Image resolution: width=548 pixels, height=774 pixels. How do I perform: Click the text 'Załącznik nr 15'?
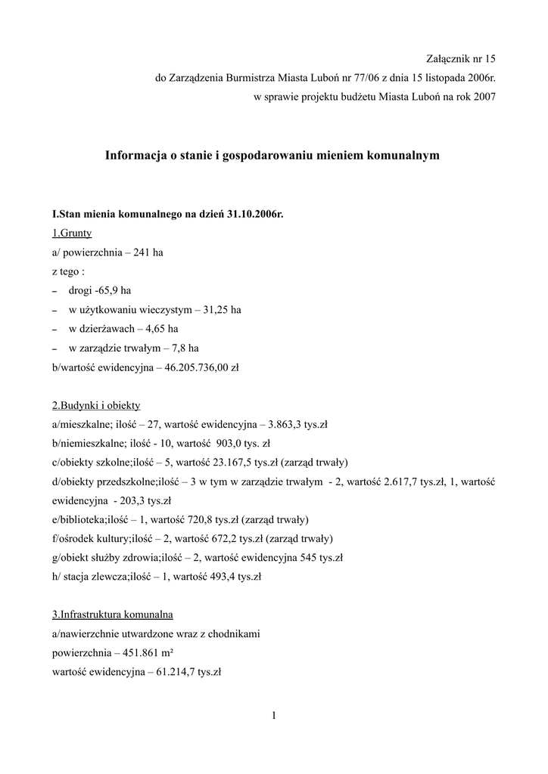[x=460, y=58]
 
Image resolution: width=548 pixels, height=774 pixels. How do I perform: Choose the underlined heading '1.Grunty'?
[x=72, y=234]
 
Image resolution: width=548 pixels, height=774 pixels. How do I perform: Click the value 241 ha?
[x=148, y=252]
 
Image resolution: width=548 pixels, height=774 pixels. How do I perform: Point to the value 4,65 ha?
[x=162, y=329]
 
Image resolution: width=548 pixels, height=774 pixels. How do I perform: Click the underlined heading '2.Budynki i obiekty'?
[x=96, y=405]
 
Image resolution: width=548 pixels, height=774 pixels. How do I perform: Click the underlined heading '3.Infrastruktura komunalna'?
[x=113, y=615]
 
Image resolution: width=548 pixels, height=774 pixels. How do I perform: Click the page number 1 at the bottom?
[x=274, y=715]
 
